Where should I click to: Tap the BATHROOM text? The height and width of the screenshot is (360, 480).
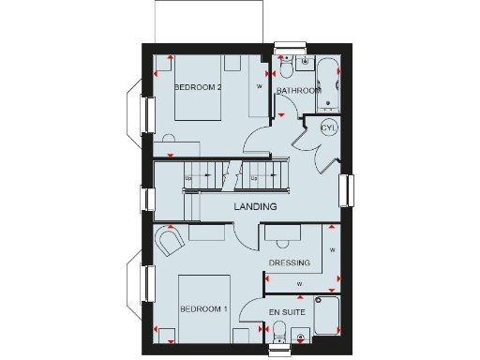click(299, 90)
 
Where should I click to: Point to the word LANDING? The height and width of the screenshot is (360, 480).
click(255, 206)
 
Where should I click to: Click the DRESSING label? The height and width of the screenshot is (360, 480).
click(289, 262)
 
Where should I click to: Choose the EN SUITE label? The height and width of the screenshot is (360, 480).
click(286, 310)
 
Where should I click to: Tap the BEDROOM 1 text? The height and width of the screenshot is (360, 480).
click(203, 308)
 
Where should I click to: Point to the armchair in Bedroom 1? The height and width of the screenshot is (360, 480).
click(170, 244)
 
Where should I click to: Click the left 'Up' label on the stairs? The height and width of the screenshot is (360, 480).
click(188, 178)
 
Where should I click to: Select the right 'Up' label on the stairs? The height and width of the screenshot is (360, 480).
click(254, 177)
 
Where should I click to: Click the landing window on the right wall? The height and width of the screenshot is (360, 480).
click(345, 190)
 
